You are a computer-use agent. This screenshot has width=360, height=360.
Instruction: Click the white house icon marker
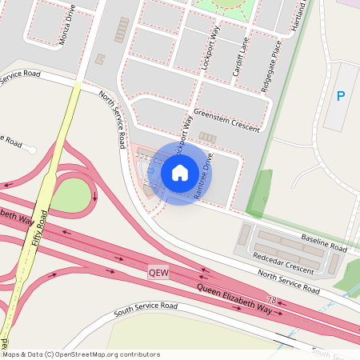click(180, 172)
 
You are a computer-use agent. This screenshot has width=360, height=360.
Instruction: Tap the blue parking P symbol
click(341, 97)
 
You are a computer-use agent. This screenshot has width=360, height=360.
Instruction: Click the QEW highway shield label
click(159, 272)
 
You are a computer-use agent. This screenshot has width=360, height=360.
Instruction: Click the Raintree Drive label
click(202, 171)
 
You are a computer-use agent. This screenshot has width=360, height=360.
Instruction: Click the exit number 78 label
click(271, 302)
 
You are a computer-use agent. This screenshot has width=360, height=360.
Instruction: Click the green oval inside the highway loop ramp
click(73, 194)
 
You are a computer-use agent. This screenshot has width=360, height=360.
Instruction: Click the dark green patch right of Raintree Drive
click(262, 192)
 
